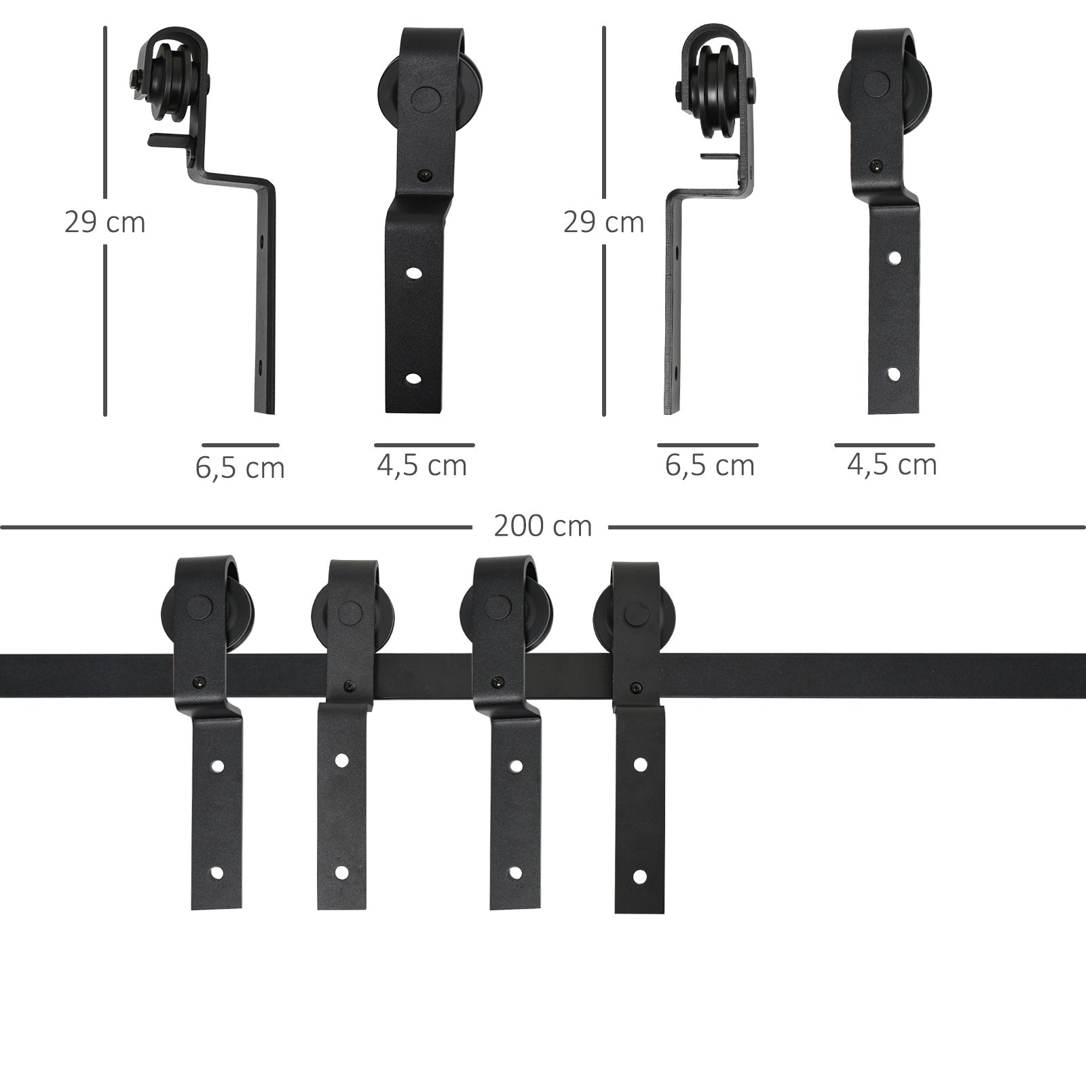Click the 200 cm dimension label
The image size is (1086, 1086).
pyautogui.click(x=542, y=527)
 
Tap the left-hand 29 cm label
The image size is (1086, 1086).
pyautogui.click(x=105, y=223)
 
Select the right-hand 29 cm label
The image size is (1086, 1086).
pyautogui.click(x=603, y=223)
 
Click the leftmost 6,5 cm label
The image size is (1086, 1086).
pyautogui.click(x=240, y=468)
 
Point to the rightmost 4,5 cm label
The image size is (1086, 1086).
pyautogui.click(x=892, y=465)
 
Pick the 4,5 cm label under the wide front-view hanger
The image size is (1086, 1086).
pyautogui.click(x=422, y=466)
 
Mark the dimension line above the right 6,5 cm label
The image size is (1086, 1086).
pyautogui.click(x=707, y=445)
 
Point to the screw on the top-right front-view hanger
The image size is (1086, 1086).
pyautogui.click(x=877, y=164)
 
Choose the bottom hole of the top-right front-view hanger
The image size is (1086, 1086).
pyautogui.click(x=895, y=374)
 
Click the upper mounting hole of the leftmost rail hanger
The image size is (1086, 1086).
pyautogui.click(x=217, y=766)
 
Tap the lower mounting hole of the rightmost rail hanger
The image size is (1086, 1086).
pyautogui.click(x=639, y=878)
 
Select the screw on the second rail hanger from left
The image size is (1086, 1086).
pyautogui.click(x=349, y=686)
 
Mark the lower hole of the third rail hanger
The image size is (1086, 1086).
pyautogui.click(x=515, y=873)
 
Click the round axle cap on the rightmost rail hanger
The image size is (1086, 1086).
pyautogui.click(x=635, y=616)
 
